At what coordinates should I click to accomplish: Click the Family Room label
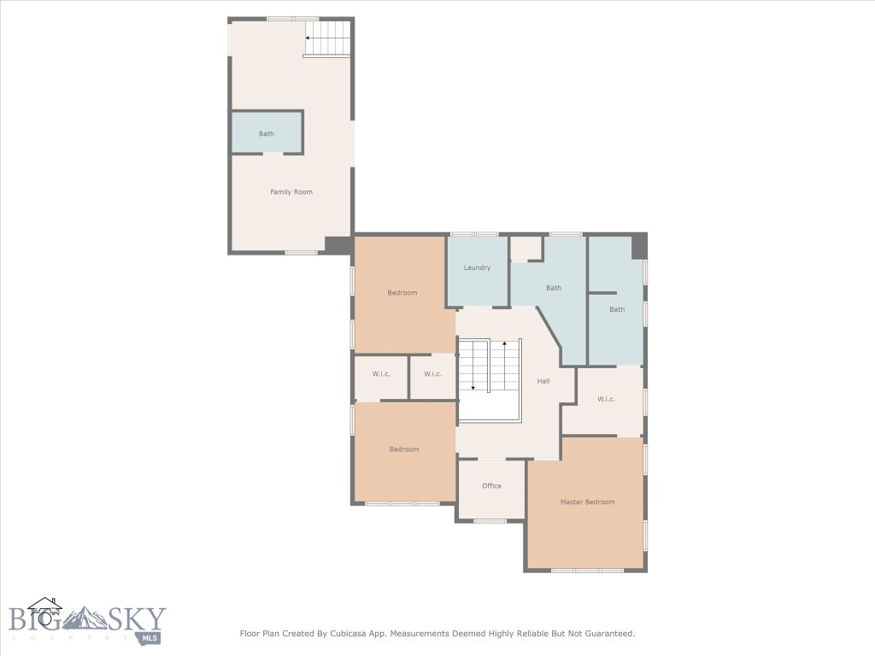click(291, 192)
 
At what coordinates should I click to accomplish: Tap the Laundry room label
click(477, 267)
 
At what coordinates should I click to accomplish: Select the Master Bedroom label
click(587, 501)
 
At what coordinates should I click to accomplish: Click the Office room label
click(491, 486)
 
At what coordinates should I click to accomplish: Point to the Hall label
click(543, 381)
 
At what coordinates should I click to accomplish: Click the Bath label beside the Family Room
click(267, 134)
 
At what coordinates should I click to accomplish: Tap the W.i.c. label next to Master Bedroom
click(606, 399)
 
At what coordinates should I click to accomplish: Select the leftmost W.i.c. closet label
click(381, 374)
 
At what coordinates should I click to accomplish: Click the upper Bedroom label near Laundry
click(402, 293)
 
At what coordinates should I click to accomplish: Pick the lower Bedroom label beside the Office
click(404, 449)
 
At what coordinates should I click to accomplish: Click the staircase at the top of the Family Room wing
click(329, 38)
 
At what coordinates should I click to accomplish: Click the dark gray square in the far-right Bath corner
click(638, 246)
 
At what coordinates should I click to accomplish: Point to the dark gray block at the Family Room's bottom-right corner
click(338, 244)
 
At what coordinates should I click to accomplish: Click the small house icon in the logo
click(44, 607)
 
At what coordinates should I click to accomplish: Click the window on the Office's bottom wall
click(490, 520)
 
